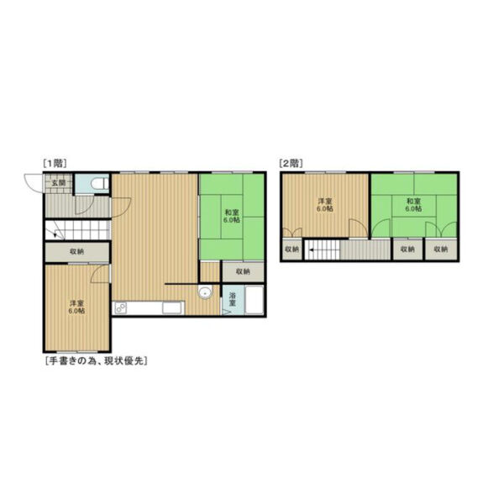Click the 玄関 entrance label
click(x=59, y=183)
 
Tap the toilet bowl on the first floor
click(x=97, y=184)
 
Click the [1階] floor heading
click(x=55, y=163)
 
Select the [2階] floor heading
click(x=291, y=163)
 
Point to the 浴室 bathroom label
click(x=233, y=299)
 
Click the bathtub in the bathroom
click(x=255, y=300)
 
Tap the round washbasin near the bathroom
click(x=205, y=292)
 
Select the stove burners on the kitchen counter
click(x=121, y=308)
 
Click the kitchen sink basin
click(x=171, y=308)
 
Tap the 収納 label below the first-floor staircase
click(x=76, y=252)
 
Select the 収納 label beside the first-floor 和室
click(x=243, y=271)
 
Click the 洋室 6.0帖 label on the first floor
click(x=76, y=307)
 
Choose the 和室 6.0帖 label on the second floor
click(x=413, y=205)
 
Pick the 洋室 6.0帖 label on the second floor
click(x=325, y=205)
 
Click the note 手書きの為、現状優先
click(x=97, y=360)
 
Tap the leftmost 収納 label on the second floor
click(x=291, y=249)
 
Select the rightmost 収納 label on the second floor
click(x=441, y=249)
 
